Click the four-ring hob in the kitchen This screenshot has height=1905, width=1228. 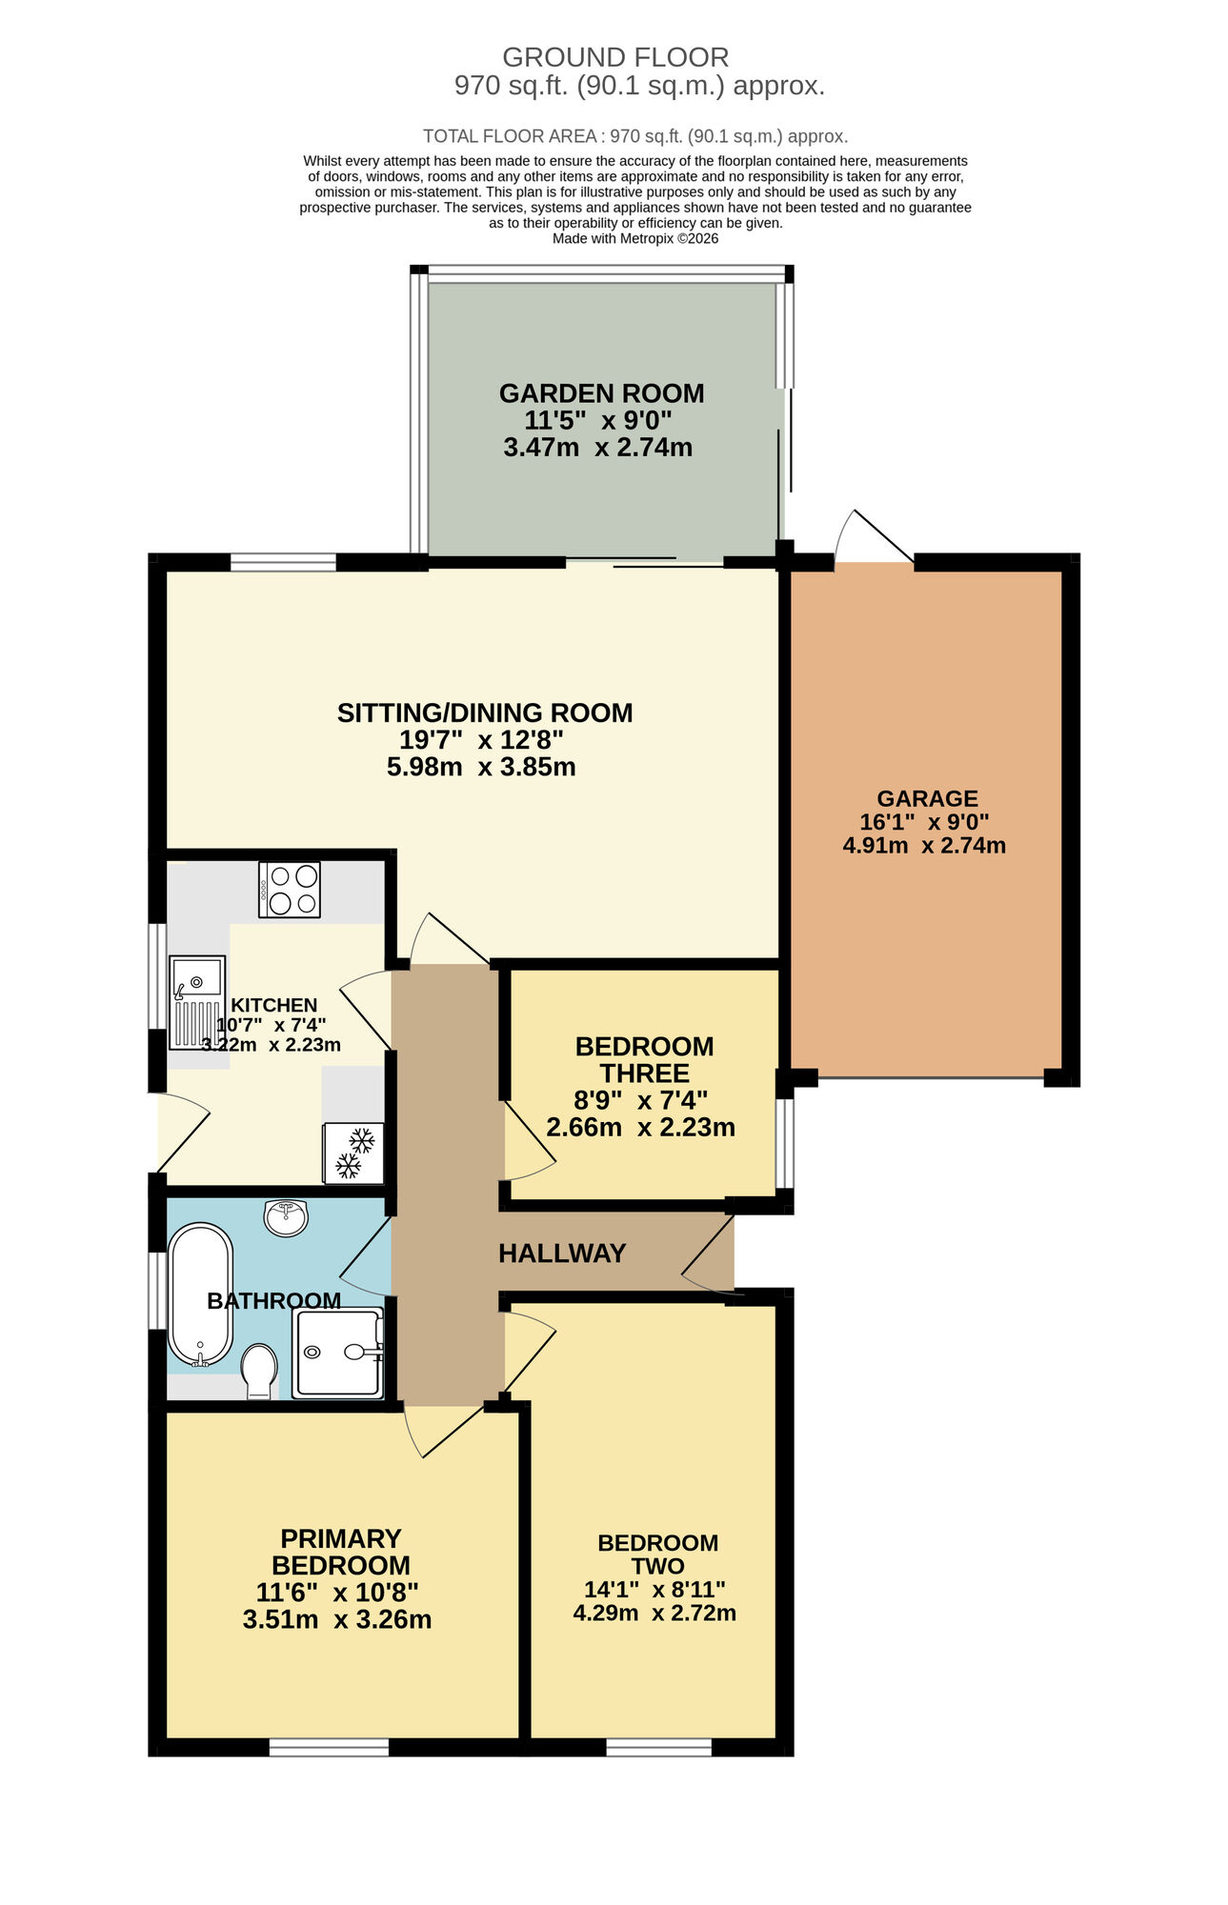[290, 890]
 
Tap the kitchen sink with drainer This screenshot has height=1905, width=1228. [197, 1002]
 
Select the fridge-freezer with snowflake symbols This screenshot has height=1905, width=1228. [353, 1153]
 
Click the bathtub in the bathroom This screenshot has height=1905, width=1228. [200, 1295]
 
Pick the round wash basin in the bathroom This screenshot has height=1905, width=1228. [286, 1217]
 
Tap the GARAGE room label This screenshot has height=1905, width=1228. [927, 798]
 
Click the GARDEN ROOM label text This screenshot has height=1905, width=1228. [601, 393]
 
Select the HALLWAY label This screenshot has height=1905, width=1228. [562, 1253]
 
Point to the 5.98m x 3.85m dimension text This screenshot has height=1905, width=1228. [481, 767]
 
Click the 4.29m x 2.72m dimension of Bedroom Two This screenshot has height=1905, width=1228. [654, 1613]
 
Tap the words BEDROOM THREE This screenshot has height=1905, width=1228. [644, 1059]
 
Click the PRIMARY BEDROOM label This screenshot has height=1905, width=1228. [340, 1552]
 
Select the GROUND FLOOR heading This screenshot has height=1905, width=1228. [615, 57]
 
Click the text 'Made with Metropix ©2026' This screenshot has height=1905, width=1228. [635, 239]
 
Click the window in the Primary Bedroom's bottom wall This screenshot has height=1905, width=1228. [329, 1747]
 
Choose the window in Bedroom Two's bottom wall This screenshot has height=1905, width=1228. [658, 1747]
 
